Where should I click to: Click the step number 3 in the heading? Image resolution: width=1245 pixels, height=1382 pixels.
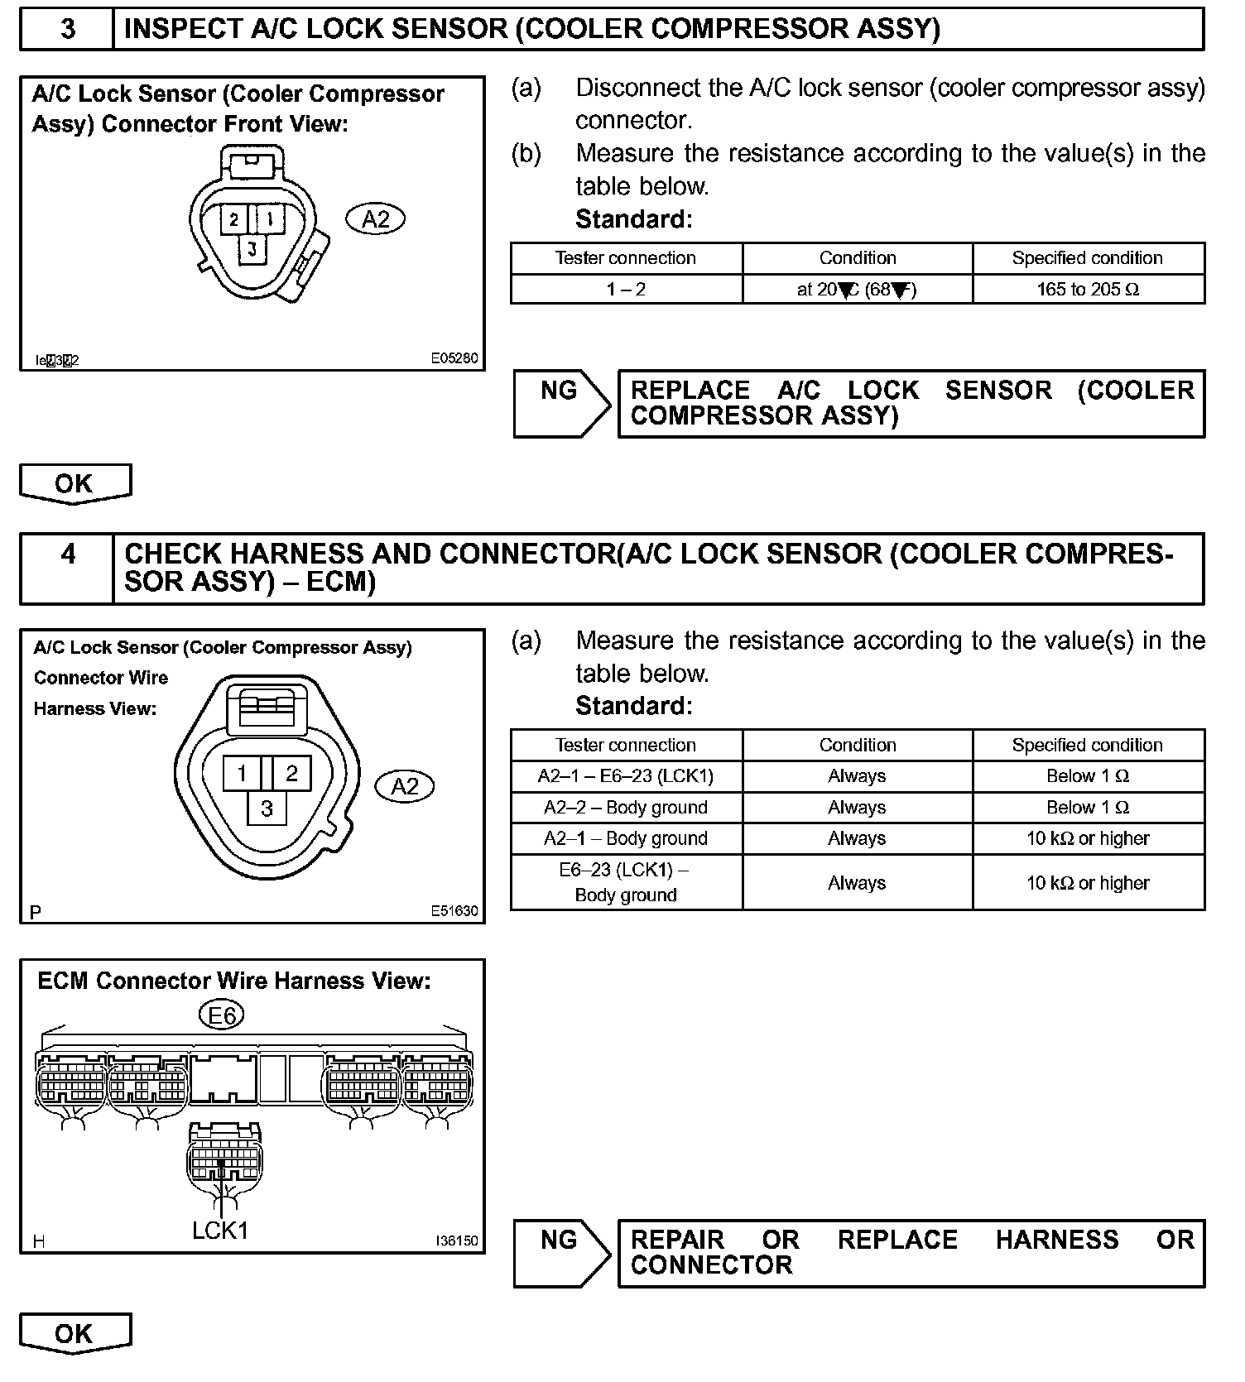tap(67, 29)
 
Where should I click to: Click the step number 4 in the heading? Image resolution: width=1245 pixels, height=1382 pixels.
tap(67, 554)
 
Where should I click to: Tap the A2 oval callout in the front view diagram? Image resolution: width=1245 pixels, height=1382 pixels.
tap(375, 219)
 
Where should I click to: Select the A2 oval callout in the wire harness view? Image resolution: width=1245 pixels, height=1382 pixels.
tap(404, 786)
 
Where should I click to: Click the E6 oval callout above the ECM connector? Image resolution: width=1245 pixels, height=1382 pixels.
tap(222, 1015)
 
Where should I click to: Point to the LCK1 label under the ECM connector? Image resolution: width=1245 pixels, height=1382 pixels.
tap(220, 1231)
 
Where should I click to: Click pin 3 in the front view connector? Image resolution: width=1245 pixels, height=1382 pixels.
tap(252, 248)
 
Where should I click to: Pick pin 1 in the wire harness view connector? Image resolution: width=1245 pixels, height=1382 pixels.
tap(242, 774)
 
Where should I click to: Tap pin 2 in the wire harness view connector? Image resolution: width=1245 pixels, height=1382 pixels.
tap(291, 774)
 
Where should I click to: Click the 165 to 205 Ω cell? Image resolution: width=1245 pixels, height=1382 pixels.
tap(1088, 290)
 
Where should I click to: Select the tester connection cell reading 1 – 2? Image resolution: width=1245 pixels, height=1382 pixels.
tap(626, 290)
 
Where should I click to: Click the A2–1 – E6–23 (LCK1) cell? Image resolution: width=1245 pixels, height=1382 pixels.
tap(626, 776)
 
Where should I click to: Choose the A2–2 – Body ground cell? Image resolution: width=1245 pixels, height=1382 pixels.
tap(626, 808)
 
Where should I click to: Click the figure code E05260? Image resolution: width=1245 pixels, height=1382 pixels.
tap(454, 359)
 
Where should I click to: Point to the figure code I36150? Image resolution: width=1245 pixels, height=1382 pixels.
tap(456, 1241)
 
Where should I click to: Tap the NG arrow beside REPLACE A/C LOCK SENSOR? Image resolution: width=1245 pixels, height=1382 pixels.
tap(560, 403)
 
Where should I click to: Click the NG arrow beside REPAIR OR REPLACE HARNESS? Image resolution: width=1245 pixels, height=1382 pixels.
tap(560, 1253)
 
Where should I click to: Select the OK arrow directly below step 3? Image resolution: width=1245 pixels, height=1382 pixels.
tap(75, 483)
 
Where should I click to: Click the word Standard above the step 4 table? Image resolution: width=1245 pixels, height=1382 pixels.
tap(633, 706)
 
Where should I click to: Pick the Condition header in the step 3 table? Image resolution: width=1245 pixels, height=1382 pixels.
tap(858, 258)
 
